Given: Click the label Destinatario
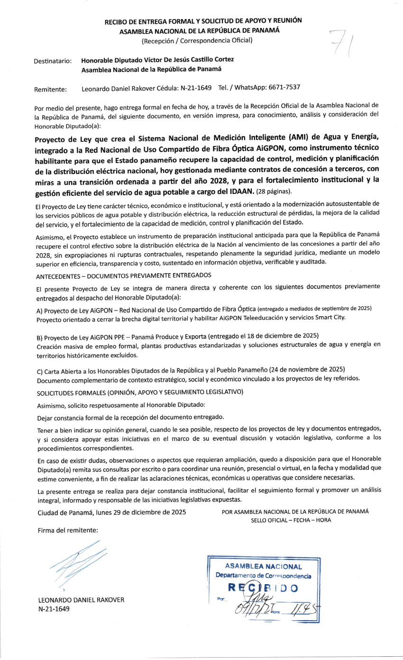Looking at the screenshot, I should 53,61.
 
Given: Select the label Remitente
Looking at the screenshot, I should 51,89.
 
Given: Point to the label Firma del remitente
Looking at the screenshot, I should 68,530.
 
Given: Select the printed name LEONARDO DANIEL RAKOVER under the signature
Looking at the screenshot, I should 81,600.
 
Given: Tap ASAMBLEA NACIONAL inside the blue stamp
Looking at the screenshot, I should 263,566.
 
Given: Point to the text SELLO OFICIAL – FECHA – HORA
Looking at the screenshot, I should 291,520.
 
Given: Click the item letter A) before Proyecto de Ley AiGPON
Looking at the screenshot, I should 40,310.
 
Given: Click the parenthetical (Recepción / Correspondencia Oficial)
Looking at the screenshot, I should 197,40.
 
